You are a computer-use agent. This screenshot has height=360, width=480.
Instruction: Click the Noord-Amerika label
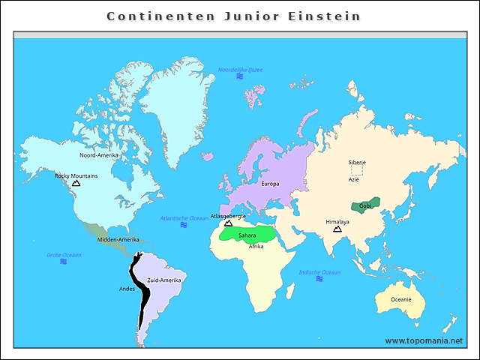(x=99, y=155)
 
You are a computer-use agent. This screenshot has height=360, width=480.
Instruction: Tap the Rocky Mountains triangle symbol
(x=76, y=183)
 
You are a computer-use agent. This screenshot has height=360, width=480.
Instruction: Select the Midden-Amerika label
(x=118, y=240)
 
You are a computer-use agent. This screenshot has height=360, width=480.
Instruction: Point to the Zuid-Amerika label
(x=163, y=280)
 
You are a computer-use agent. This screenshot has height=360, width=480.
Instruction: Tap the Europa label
(x=270, y=184)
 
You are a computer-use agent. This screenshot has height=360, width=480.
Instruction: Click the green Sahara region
(x=247, y=234)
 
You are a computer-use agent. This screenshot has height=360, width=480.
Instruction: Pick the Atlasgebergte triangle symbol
(x=228, y=223)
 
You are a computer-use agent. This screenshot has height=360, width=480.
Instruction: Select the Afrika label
(x=256, y=246)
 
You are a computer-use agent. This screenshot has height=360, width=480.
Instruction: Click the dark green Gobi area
(x=366, y=205)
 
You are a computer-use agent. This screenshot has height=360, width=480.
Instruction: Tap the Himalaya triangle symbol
(x=337, y=229)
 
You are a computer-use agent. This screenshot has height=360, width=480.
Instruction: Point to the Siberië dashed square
(x=357, y=170)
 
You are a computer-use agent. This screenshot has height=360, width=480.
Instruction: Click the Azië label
(x=354, y=179)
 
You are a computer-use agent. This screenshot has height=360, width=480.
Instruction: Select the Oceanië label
(x=400, y=299)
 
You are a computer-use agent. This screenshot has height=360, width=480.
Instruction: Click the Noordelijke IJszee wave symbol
(x=240, y=76)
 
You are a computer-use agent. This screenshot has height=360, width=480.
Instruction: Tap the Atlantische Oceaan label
(x=184, y=217)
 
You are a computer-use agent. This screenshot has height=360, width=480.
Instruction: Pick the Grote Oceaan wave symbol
(x=63, y=262)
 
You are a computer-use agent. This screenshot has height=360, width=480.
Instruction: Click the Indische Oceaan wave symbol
(x=319, y=279)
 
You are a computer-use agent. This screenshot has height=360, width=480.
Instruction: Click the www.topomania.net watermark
(x=423, y=340)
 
